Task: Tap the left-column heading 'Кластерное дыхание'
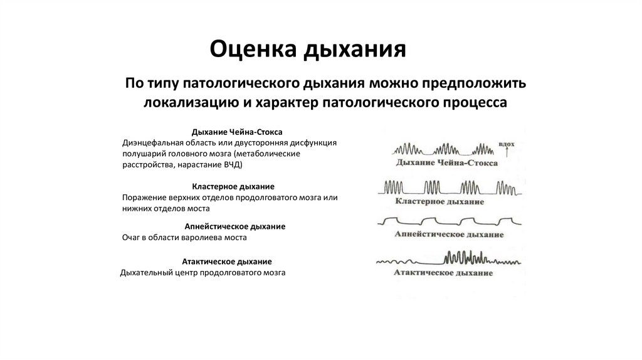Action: coord(233,186)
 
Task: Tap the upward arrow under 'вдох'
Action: coord(506,153)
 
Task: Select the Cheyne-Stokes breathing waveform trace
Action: coord(445,151)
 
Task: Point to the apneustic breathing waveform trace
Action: coord(445,221)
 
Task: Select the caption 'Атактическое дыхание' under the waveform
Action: coord(443,273)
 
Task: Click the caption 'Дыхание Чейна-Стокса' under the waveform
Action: coord(446,163)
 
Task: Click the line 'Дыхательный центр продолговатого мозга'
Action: coord(203,273)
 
